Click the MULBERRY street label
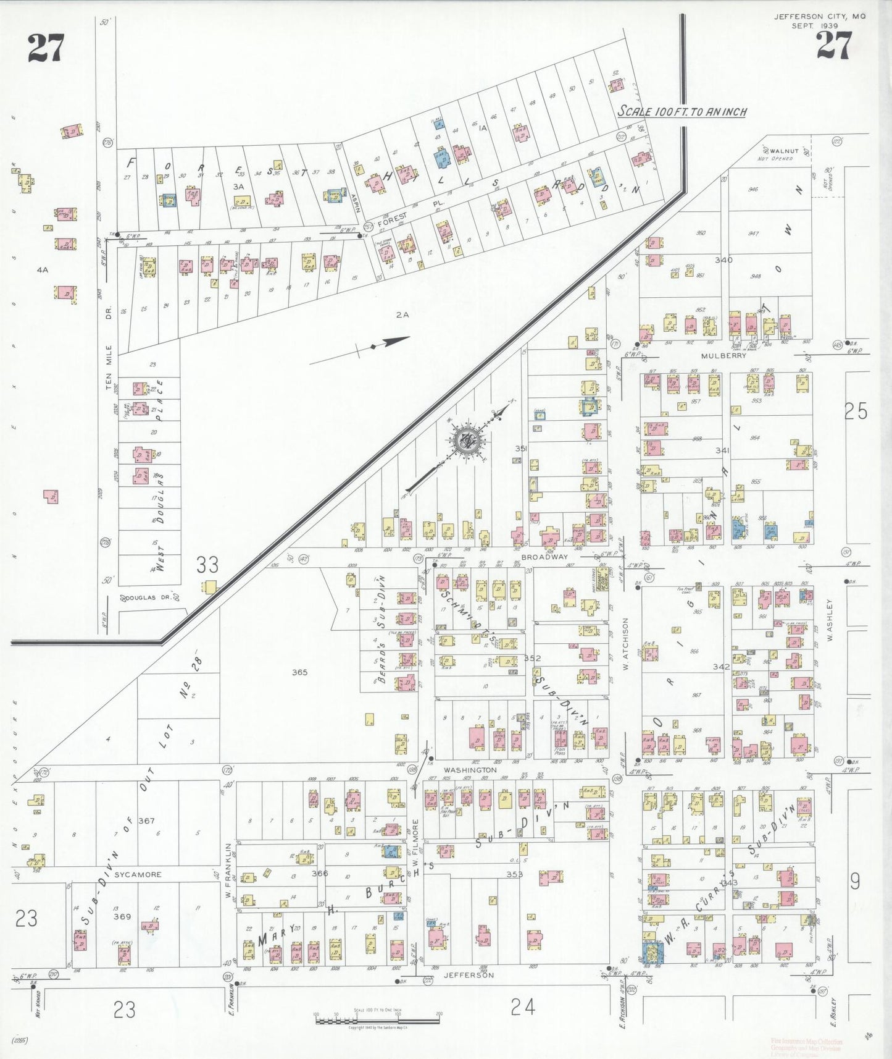[723, 356]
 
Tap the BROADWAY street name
[544, 557]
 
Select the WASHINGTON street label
[470, 770]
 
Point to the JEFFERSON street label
[469, 976]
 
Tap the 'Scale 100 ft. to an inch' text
[682, 112]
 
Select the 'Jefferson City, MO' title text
[820, 17]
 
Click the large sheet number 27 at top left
[46, 48]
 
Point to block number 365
[299, 672]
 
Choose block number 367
[146, 821]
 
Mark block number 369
[122, 916]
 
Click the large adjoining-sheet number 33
[207, 565]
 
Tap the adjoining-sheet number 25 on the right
[856, 411]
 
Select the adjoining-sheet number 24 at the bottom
[522, 1006]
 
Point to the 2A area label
[402, 314]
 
